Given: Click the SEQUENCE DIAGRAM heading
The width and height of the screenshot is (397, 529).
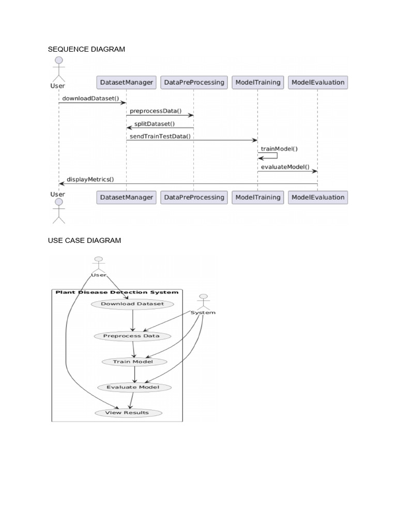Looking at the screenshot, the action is pos(86,49).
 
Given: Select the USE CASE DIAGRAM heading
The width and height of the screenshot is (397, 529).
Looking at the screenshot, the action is pos(84,241).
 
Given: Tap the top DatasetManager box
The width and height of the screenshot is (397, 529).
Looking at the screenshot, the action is pos(126,82).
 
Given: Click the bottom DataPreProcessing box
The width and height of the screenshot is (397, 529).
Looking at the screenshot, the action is pos(194,197).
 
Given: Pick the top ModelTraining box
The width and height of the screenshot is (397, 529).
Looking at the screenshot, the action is pos(258,82).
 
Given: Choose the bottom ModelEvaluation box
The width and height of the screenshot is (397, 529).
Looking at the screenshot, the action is pos(318,197).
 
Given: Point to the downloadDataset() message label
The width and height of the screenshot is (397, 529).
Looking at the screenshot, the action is pos(90,98).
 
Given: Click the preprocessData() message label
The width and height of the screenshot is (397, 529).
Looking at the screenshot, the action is pos(156,111).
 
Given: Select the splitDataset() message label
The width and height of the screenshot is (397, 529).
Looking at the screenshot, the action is pos(155,123).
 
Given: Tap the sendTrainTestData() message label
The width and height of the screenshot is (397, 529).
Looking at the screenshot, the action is pos(160,136).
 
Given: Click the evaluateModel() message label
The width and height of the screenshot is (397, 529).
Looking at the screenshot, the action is pos(285,167).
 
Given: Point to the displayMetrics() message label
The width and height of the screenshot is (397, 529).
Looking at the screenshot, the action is pos(90,179).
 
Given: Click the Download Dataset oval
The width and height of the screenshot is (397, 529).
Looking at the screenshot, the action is pos(132,304).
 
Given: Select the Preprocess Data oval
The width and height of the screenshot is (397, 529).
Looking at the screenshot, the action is pos(132,336).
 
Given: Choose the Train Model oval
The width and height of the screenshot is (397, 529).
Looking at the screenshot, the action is pos(134,362).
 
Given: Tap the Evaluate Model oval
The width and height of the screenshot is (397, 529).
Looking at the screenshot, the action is pos(134,387).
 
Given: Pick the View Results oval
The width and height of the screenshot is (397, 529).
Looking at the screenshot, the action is pos(128,413).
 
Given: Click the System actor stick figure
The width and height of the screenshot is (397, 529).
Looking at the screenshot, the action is pos(203,302).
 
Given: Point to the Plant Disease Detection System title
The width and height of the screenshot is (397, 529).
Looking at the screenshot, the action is pos(117,292).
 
